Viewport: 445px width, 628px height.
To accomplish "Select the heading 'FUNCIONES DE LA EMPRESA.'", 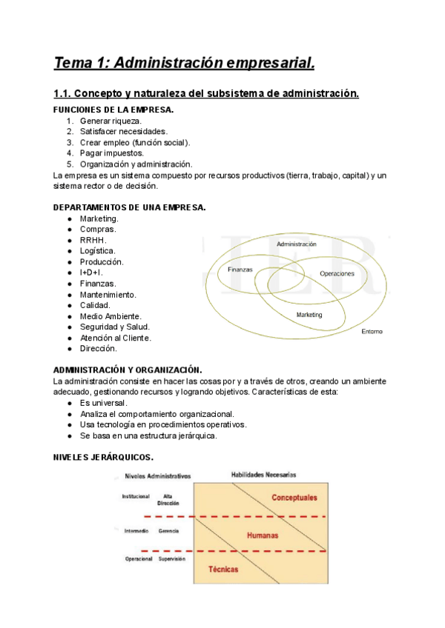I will tap(114, 110).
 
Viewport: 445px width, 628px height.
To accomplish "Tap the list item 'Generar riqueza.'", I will tap(111, 121).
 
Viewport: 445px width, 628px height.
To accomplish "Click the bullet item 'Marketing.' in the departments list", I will tap(99, 218).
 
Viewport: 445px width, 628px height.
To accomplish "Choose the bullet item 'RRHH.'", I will tap(93, 240).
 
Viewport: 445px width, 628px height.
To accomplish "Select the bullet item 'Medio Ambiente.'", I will tap(110, 316).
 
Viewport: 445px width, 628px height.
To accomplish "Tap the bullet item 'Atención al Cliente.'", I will tap(116, 338).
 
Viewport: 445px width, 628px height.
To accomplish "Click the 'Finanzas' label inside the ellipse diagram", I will tap(240, 270).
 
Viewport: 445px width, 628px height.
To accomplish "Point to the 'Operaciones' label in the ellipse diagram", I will tap(337, 274).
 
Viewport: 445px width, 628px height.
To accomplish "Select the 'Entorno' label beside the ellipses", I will tap(372, 331).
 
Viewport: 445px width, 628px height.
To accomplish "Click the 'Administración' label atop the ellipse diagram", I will tap(296, 244).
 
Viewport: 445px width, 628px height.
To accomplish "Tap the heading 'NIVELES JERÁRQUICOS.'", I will tap(104, 457).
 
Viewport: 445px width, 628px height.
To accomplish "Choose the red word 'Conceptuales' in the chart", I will tap(294, 497).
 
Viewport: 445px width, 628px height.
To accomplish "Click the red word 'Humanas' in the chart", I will tap(262, 533).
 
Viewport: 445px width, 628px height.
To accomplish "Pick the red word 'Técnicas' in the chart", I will tap(222, 570).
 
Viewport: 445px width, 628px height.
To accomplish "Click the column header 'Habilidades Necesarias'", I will tap(263, 474).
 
